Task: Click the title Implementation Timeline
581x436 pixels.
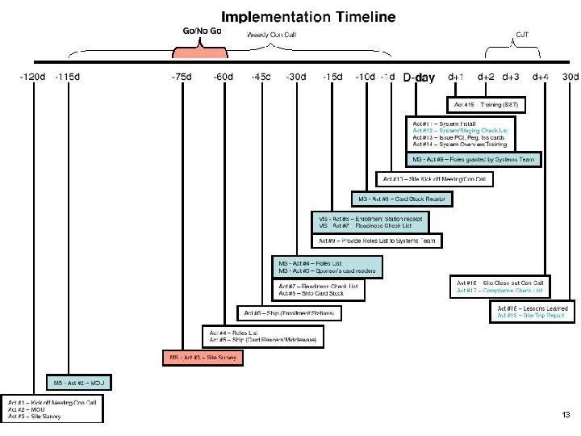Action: pyautogui.click(x=308, y=16)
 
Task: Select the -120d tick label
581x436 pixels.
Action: pyautogui.click(x=32, y=78)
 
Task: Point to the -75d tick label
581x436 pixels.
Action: pyautogui.click(x=182, y=78)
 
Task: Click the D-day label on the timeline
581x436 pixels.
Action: pyautogui.click(x=419, y=78)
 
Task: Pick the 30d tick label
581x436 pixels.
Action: pyautogui.click(x=570, y=78)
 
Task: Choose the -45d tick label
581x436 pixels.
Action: pyautogui.click(x=261, y=78)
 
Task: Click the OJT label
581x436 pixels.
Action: pyautogui.click(x=522, y=34)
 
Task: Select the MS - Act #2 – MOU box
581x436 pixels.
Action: pyautogui.click(x=82, y=382)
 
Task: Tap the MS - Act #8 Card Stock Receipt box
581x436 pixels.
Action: pyautogui.click(x=402, y=199)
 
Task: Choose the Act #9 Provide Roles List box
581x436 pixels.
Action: pyautogui.click(x=377, y=241)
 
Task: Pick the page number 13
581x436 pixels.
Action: pyautogui.click(x=566, y=414)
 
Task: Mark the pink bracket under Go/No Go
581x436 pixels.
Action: pyautogui.click(x=200, y=51)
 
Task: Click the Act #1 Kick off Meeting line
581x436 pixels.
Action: pyautogui.click(x=55, y=401)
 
